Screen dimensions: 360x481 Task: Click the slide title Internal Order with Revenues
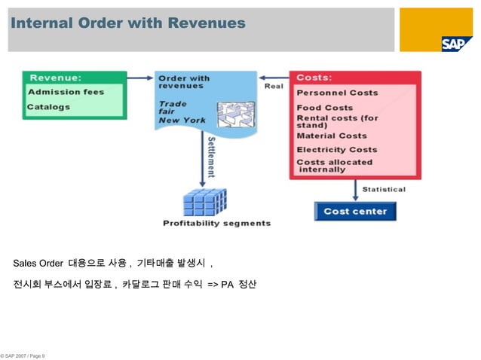click(128, 23)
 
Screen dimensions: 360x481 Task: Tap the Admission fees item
click(66, 93)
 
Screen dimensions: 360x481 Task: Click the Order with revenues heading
click(184, 81)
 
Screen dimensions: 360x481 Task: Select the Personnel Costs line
click(337, 93)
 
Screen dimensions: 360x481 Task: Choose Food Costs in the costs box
click(324, 108)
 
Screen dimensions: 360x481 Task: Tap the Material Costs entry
click(331, 136)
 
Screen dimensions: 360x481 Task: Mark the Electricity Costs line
click(336, 149)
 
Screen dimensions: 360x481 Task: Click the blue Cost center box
click(354, 212)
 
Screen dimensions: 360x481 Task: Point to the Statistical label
click(384, 189)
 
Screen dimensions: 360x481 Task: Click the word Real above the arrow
click(274, 86)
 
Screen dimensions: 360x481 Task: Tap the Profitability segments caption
click(216, 223)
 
